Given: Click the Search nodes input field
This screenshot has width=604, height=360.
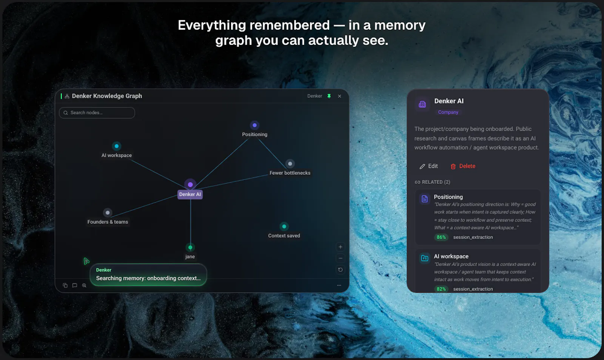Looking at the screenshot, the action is click(x=97, y=112).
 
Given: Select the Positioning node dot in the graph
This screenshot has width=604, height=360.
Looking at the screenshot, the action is click(x=254, y=125).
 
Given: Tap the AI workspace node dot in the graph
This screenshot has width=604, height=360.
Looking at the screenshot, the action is click(x=117, y=146).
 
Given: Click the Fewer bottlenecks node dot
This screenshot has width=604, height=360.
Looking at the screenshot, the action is click(x=290, y=163).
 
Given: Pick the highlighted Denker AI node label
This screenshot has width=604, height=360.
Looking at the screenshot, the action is click(x=190, y=194).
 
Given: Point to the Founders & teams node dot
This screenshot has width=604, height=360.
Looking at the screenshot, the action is click(x=108, y=212).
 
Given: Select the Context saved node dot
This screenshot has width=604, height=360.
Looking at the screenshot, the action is click(x=284, y=227).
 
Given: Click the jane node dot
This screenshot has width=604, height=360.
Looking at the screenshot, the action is click(x=190, y=248).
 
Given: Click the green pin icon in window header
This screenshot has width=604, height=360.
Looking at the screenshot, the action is click(x=329, y=96).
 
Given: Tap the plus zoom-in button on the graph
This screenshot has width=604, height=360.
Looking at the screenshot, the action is click(x=340, y=247).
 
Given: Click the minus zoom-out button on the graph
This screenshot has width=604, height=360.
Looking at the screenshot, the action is click(x=340, y=258).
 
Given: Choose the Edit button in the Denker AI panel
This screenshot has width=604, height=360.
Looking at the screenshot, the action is click(x=428, y=166).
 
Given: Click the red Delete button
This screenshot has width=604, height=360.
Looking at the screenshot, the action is click(x=463, y=166).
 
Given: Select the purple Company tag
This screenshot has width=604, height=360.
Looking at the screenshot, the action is click(x=448, y=112).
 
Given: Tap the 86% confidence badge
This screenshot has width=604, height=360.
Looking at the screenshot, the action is click(x=441, y=237).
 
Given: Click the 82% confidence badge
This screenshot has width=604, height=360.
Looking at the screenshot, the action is click(x=441, y=289).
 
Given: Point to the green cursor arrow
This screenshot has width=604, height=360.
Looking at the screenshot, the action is click(x=86, y=261).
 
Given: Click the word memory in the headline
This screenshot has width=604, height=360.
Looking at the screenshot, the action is click(x=400, y=26).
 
